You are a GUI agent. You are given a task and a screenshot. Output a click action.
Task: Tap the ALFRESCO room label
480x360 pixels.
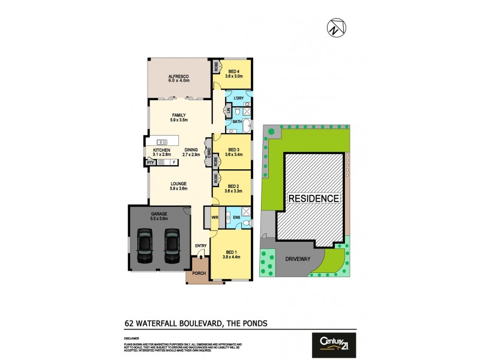tap(179, 77)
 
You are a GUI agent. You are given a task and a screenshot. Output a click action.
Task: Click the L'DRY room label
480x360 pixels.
tap(238, 98)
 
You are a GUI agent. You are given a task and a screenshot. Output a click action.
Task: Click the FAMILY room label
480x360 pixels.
tap(179, 115)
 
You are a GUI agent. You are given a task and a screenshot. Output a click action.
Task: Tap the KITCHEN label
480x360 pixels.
tap(161, 149)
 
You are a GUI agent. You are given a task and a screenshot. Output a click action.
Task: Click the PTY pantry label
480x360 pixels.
tap(149, 162)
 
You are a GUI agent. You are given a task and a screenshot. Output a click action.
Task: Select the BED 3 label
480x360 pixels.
tap(234, 149)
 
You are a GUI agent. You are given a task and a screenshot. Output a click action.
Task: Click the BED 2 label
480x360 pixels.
tap(234, 186)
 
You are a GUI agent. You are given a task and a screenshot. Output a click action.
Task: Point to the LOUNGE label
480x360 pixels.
tap(178, 184)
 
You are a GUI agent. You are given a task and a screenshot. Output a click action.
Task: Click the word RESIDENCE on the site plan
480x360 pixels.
tap(313, 198)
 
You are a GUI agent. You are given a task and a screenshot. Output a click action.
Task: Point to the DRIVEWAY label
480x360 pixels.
tap(292, 259)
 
